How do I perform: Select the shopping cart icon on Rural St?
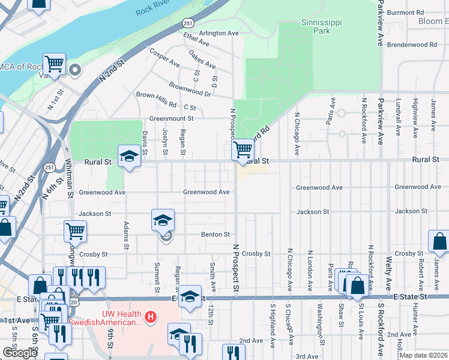(x=243, y=149)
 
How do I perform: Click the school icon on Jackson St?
(x=163, y=220)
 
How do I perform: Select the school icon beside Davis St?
(x=128, y=157)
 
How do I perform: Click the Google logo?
(x=20, y=353)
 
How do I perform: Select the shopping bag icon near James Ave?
(x=439, y=241)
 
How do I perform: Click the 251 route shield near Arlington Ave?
(x=188, y=22)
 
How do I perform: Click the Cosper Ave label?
(x=164, y=58)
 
